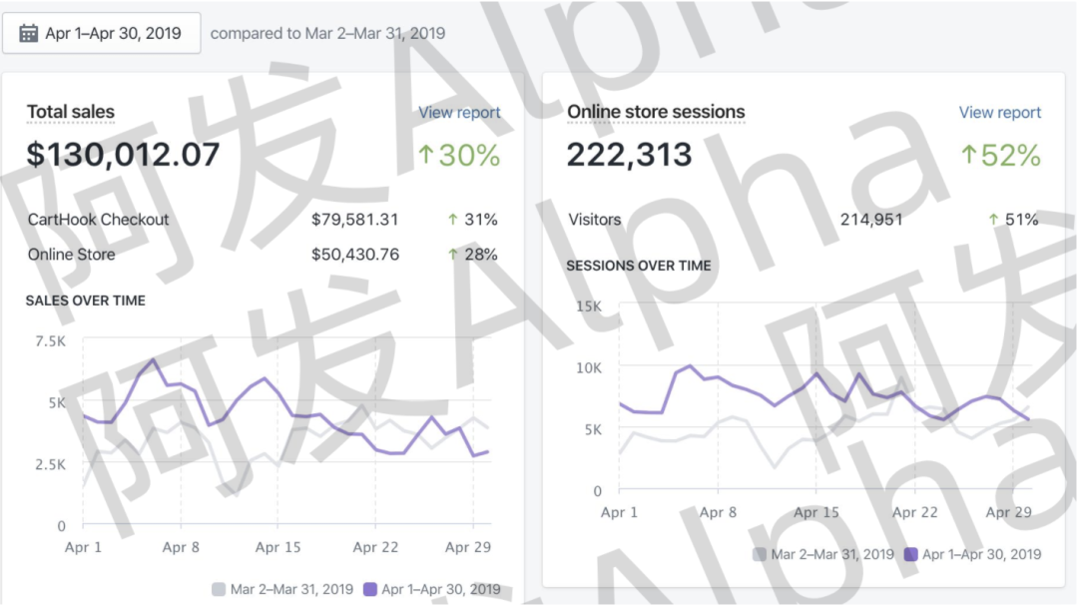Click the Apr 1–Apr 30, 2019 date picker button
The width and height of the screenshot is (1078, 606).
tap(101, 33)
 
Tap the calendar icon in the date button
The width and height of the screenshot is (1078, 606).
tap(28, 33)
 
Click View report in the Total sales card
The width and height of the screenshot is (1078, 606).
tap(459, 113)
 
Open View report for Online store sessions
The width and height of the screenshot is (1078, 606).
tap(999, 113)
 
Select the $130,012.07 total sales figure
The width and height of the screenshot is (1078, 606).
tap(124, 155)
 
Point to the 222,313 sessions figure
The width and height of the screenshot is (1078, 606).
tap(629, 155)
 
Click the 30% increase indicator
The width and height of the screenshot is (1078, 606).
tap(459, 156)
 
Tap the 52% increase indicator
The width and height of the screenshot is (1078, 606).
tap(1000, 156)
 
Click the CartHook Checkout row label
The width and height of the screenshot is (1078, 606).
tap(99, 220)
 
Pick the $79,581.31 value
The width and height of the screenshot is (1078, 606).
tap(354, 220)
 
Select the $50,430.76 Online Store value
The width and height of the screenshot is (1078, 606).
tap(354, 255)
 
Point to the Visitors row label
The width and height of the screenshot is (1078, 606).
tap(595, 220)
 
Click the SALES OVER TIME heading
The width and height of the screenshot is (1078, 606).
tap(86, 301)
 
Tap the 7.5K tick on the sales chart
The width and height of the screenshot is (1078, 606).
tap(50, 341)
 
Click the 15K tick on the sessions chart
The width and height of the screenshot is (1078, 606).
tap(589, 305)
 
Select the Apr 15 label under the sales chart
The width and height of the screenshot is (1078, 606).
tap(278, 547)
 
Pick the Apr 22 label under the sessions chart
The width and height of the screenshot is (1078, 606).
tap(914, 512)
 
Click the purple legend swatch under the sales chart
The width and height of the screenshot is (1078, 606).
tap(370, 589)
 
